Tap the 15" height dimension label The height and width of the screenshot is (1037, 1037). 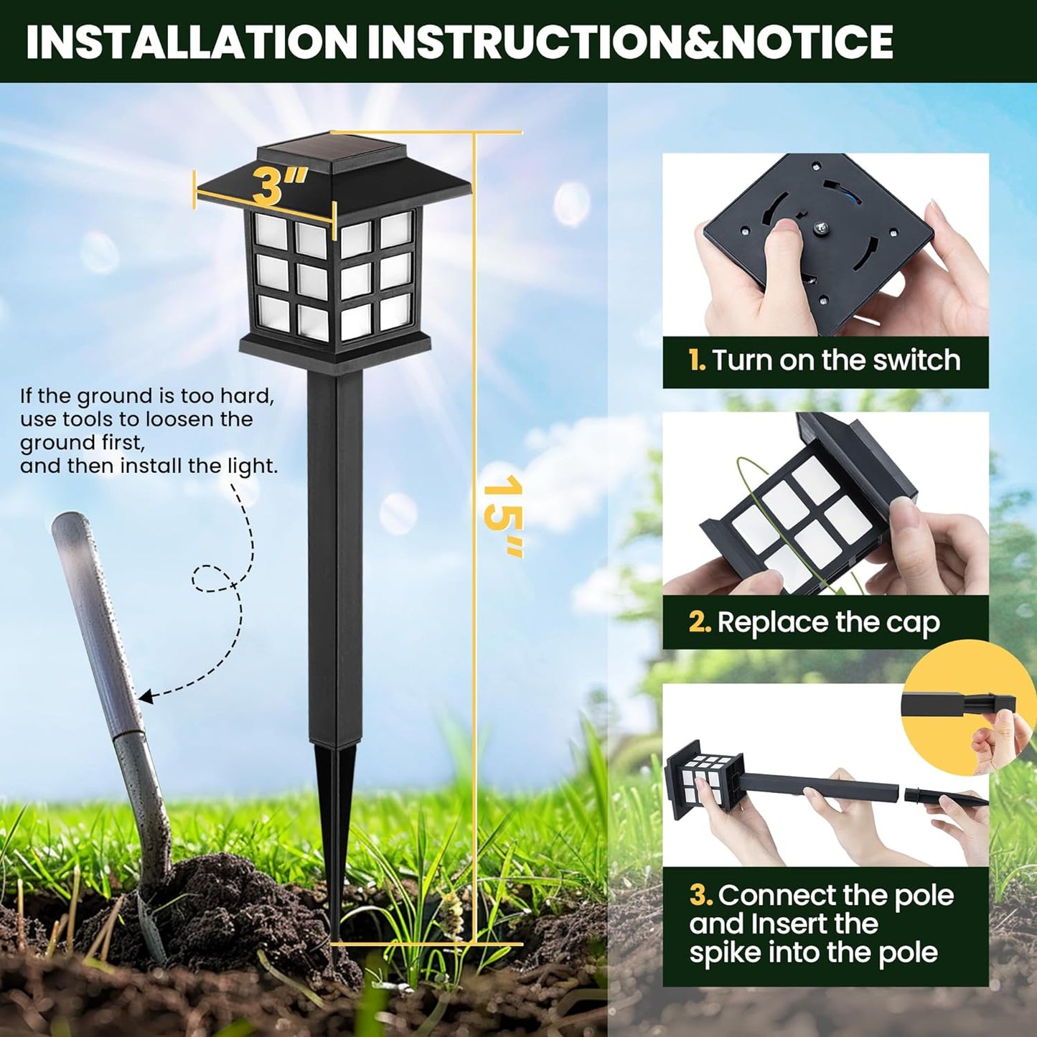click(503, 515)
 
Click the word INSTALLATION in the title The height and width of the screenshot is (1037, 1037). click(191, 42)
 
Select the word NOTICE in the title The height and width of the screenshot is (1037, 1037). click(807, 42)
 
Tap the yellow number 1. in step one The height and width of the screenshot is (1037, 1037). click(697, 360)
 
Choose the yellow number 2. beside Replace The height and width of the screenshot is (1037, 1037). click(699, 622)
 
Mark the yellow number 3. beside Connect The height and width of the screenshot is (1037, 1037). click(700, 896)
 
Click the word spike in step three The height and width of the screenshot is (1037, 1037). click(725, 953)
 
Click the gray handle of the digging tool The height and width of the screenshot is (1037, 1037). click(93, 610)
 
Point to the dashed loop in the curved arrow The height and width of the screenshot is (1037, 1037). click(212, 578)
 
